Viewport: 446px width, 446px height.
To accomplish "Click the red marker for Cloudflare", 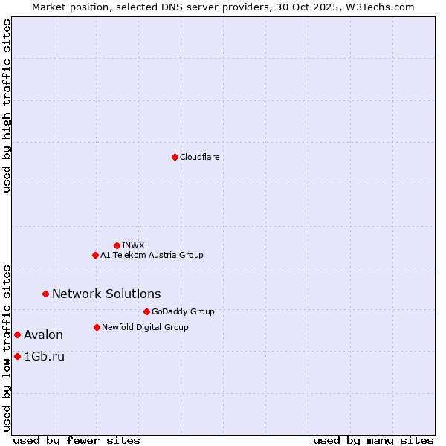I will [x=175, y=157].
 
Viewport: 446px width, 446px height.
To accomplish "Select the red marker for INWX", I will [x=117, y=245].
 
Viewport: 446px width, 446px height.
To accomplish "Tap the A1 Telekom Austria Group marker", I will [x=95, y=255].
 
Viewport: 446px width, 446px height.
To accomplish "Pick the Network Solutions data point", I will [x=45, y=294].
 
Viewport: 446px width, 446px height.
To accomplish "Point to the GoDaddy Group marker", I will [x=146, y=311].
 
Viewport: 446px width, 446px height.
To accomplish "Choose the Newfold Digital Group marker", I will [x=97, y=327].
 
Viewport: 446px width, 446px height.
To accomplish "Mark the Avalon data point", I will [x=17, y=334].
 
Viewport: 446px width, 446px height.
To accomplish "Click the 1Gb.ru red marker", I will [x=17, y=356].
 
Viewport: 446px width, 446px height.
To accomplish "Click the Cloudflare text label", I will [x=199, y=157].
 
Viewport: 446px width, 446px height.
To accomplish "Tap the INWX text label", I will [x=133, y=245].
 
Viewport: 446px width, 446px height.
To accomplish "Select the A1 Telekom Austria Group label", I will [x=152, y=255].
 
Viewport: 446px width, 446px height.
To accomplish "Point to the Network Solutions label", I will [x=106, y=294].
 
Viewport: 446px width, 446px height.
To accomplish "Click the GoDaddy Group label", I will [x=183, y=311].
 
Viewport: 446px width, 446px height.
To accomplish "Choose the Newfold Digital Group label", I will [x=145, y=327].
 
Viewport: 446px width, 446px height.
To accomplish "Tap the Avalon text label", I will [x=43, y=334].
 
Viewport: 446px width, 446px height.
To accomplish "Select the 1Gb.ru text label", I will [x=44, y=356].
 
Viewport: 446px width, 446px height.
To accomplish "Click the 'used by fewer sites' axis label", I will [x=77, y=440].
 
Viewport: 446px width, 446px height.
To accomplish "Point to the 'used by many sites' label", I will [x=373, y=440].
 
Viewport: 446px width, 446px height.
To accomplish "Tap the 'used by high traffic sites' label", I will [x=7, y=106].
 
